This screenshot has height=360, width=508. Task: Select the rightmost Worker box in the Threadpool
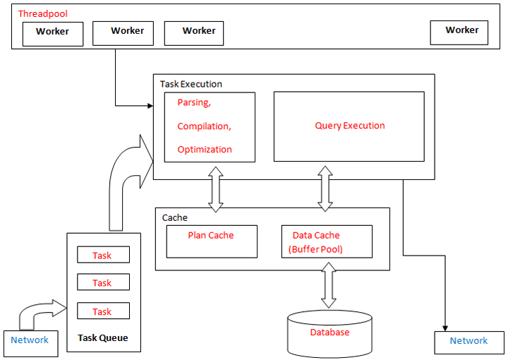[x=461, y=32]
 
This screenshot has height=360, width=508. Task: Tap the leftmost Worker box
[x=53, y=33]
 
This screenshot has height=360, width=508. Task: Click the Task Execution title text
[x=190, y=84]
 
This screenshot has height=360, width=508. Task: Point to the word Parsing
[x=194, y=102]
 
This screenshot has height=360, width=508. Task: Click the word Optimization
[x=205, y=149]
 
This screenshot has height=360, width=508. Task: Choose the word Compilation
[x=204, y=126]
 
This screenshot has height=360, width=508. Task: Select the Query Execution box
[x=349, y=126]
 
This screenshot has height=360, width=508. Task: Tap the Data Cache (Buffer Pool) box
[x=326, y=241]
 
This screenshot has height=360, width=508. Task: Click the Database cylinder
[x=329, y=333]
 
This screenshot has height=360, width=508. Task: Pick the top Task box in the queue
[x=102, y=256]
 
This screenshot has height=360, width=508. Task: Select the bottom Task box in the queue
[x=102, y=311]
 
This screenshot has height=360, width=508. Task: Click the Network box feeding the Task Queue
[x=30, y=340]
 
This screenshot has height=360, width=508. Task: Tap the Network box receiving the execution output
[x=468, y=341]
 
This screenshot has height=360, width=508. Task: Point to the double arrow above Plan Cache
[x=215, y=189]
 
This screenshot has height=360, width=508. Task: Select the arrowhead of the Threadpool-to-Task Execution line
[x=150, y=107]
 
